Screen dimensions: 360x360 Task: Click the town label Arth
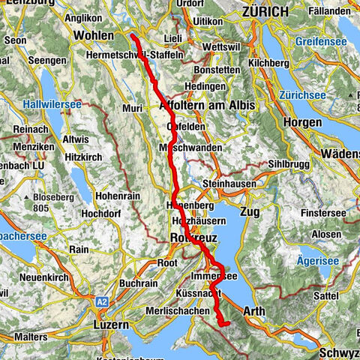[x=256, y=308]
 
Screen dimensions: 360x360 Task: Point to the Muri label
[x=132, y=109]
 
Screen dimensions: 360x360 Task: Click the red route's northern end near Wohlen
[x=132, y=35]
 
